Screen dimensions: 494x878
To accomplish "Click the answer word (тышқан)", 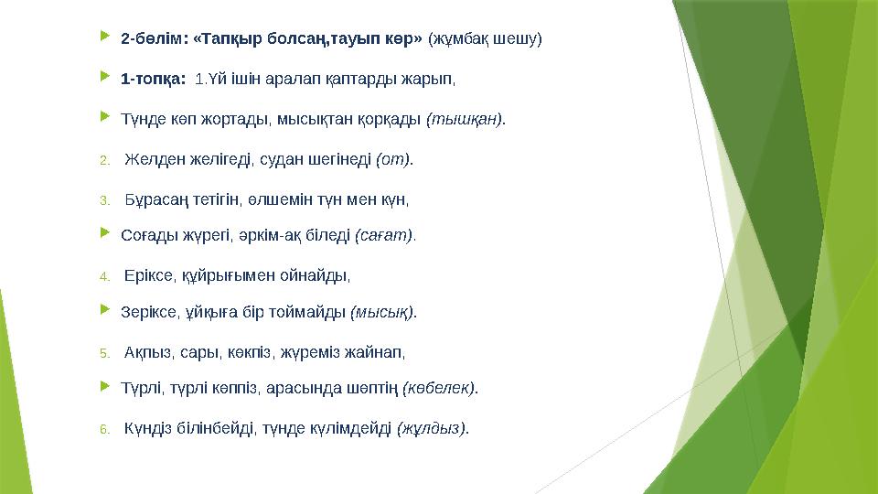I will point(466,119).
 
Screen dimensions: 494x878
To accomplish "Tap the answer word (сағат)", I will point(383,235).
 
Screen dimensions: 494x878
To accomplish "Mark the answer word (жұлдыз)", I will point(433,427).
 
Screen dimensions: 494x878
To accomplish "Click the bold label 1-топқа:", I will point(154,79).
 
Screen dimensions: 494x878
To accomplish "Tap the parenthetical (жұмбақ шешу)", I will point(485,39).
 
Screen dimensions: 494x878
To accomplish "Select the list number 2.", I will point(104,161).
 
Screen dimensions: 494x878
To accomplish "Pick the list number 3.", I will point(104,199).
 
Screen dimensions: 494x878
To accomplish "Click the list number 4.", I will point(104,275).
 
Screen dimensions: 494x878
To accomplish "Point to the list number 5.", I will point(104,351).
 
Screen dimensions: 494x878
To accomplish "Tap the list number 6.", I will point(104,428).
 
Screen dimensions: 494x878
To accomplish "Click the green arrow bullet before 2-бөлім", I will point(103,38).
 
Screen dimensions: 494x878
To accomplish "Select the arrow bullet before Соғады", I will point(103,234).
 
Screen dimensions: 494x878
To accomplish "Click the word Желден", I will point(151,160).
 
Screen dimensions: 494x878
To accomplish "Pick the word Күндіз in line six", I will point(148,427).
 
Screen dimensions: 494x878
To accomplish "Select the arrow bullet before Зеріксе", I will point(103,311).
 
